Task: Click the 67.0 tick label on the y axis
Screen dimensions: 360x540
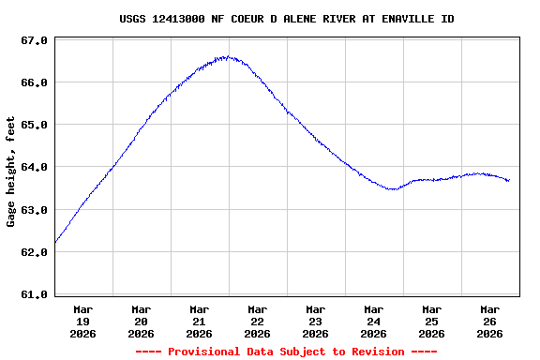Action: [35, 40]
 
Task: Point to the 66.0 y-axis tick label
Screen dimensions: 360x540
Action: [35, 82]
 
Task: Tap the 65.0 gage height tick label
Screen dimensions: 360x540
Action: [35, 125]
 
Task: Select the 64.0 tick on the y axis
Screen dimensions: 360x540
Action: [35, 167]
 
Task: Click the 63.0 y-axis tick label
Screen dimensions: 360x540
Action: [35, 210]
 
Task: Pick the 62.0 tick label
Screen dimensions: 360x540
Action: [35, 252]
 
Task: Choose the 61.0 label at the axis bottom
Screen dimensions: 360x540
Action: [35, 294]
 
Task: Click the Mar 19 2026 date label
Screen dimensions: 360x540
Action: [83, 321]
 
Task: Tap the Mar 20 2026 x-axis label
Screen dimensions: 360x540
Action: [142, 321]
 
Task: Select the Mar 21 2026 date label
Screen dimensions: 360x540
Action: [200, 321]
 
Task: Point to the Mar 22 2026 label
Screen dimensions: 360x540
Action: [258, 321]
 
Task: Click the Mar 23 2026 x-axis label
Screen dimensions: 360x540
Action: [316, 321]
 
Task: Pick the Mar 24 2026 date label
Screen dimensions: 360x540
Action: [374, 321]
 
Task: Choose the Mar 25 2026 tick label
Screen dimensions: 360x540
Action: [432, 321]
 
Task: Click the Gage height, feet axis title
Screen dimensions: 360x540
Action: [11, 172]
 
